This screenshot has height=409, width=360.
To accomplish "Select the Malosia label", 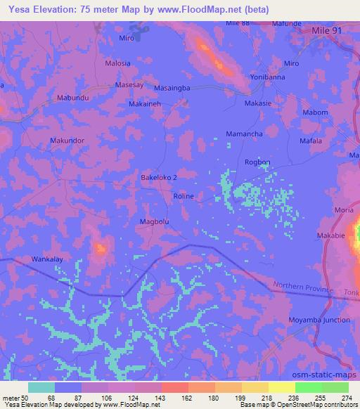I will [x=117, y=63].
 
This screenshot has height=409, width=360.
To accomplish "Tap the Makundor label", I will [x=67, y=141].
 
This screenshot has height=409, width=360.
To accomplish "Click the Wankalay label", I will [x=48, y=259].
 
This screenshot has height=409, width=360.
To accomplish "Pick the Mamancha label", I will [x=244, y=134].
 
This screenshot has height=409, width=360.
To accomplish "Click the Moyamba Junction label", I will [x=320, y=320].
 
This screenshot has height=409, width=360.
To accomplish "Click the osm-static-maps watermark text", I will [x=330, y=377].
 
